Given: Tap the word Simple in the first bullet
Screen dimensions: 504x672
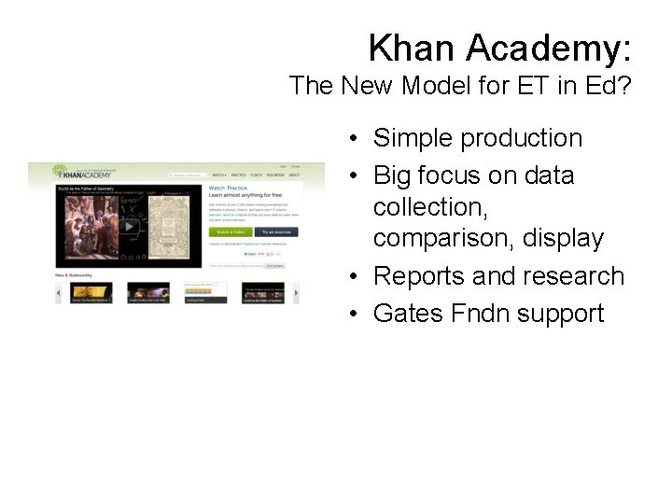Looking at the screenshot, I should [413, 138].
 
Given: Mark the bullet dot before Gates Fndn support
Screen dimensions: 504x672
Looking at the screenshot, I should [356, 315].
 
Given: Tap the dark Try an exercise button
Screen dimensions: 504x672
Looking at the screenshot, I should [275, 231].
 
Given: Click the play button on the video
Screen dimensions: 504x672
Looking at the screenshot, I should [128, 226].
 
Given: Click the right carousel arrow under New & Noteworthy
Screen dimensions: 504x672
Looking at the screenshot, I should [297, 293].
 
